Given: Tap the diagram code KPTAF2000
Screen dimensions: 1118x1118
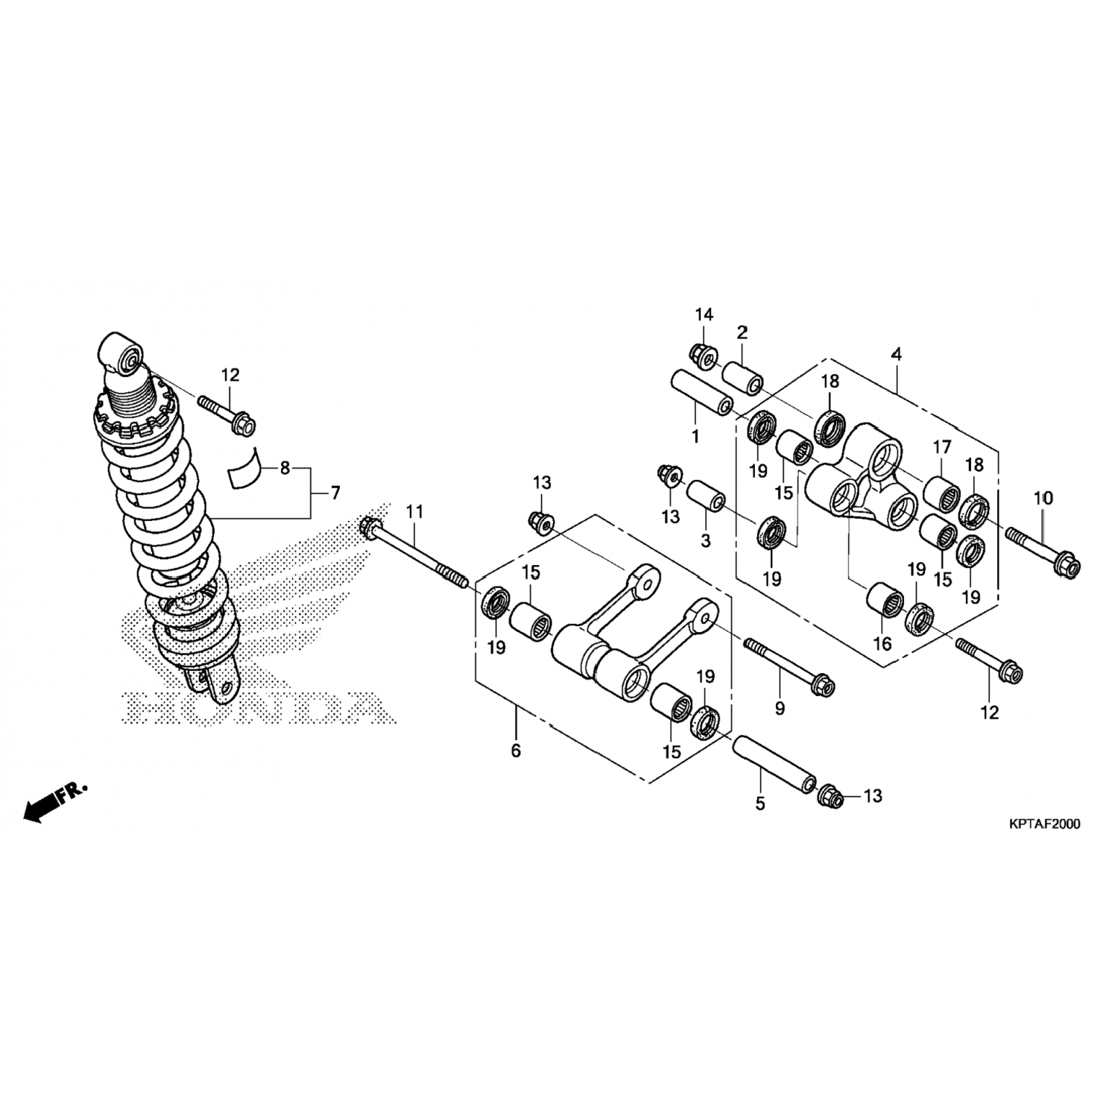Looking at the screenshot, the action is (1044, 824).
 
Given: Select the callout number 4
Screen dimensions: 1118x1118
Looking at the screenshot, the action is (896, 354).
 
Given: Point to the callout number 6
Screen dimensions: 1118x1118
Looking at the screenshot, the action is (516, 750).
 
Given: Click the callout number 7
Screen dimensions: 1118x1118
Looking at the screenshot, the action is (335, 493).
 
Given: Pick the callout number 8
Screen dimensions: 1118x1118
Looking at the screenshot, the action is (285, 469).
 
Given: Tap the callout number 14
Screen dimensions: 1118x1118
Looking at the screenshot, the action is (704, 315).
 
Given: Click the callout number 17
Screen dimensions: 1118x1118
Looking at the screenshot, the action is (942, 447).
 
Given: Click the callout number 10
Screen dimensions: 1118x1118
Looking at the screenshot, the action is (1043, 498).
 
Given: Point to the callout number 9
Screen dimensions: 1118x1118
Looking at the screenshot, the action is (780, 708).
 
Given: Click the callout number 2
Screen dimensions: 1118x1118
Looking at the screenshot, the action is (742, 332).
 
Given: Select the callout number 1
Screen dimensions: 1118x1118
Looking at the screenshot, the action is (695, 436).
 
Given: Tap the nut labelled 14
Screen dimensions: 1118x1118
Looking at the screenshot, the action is (702, 356).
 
